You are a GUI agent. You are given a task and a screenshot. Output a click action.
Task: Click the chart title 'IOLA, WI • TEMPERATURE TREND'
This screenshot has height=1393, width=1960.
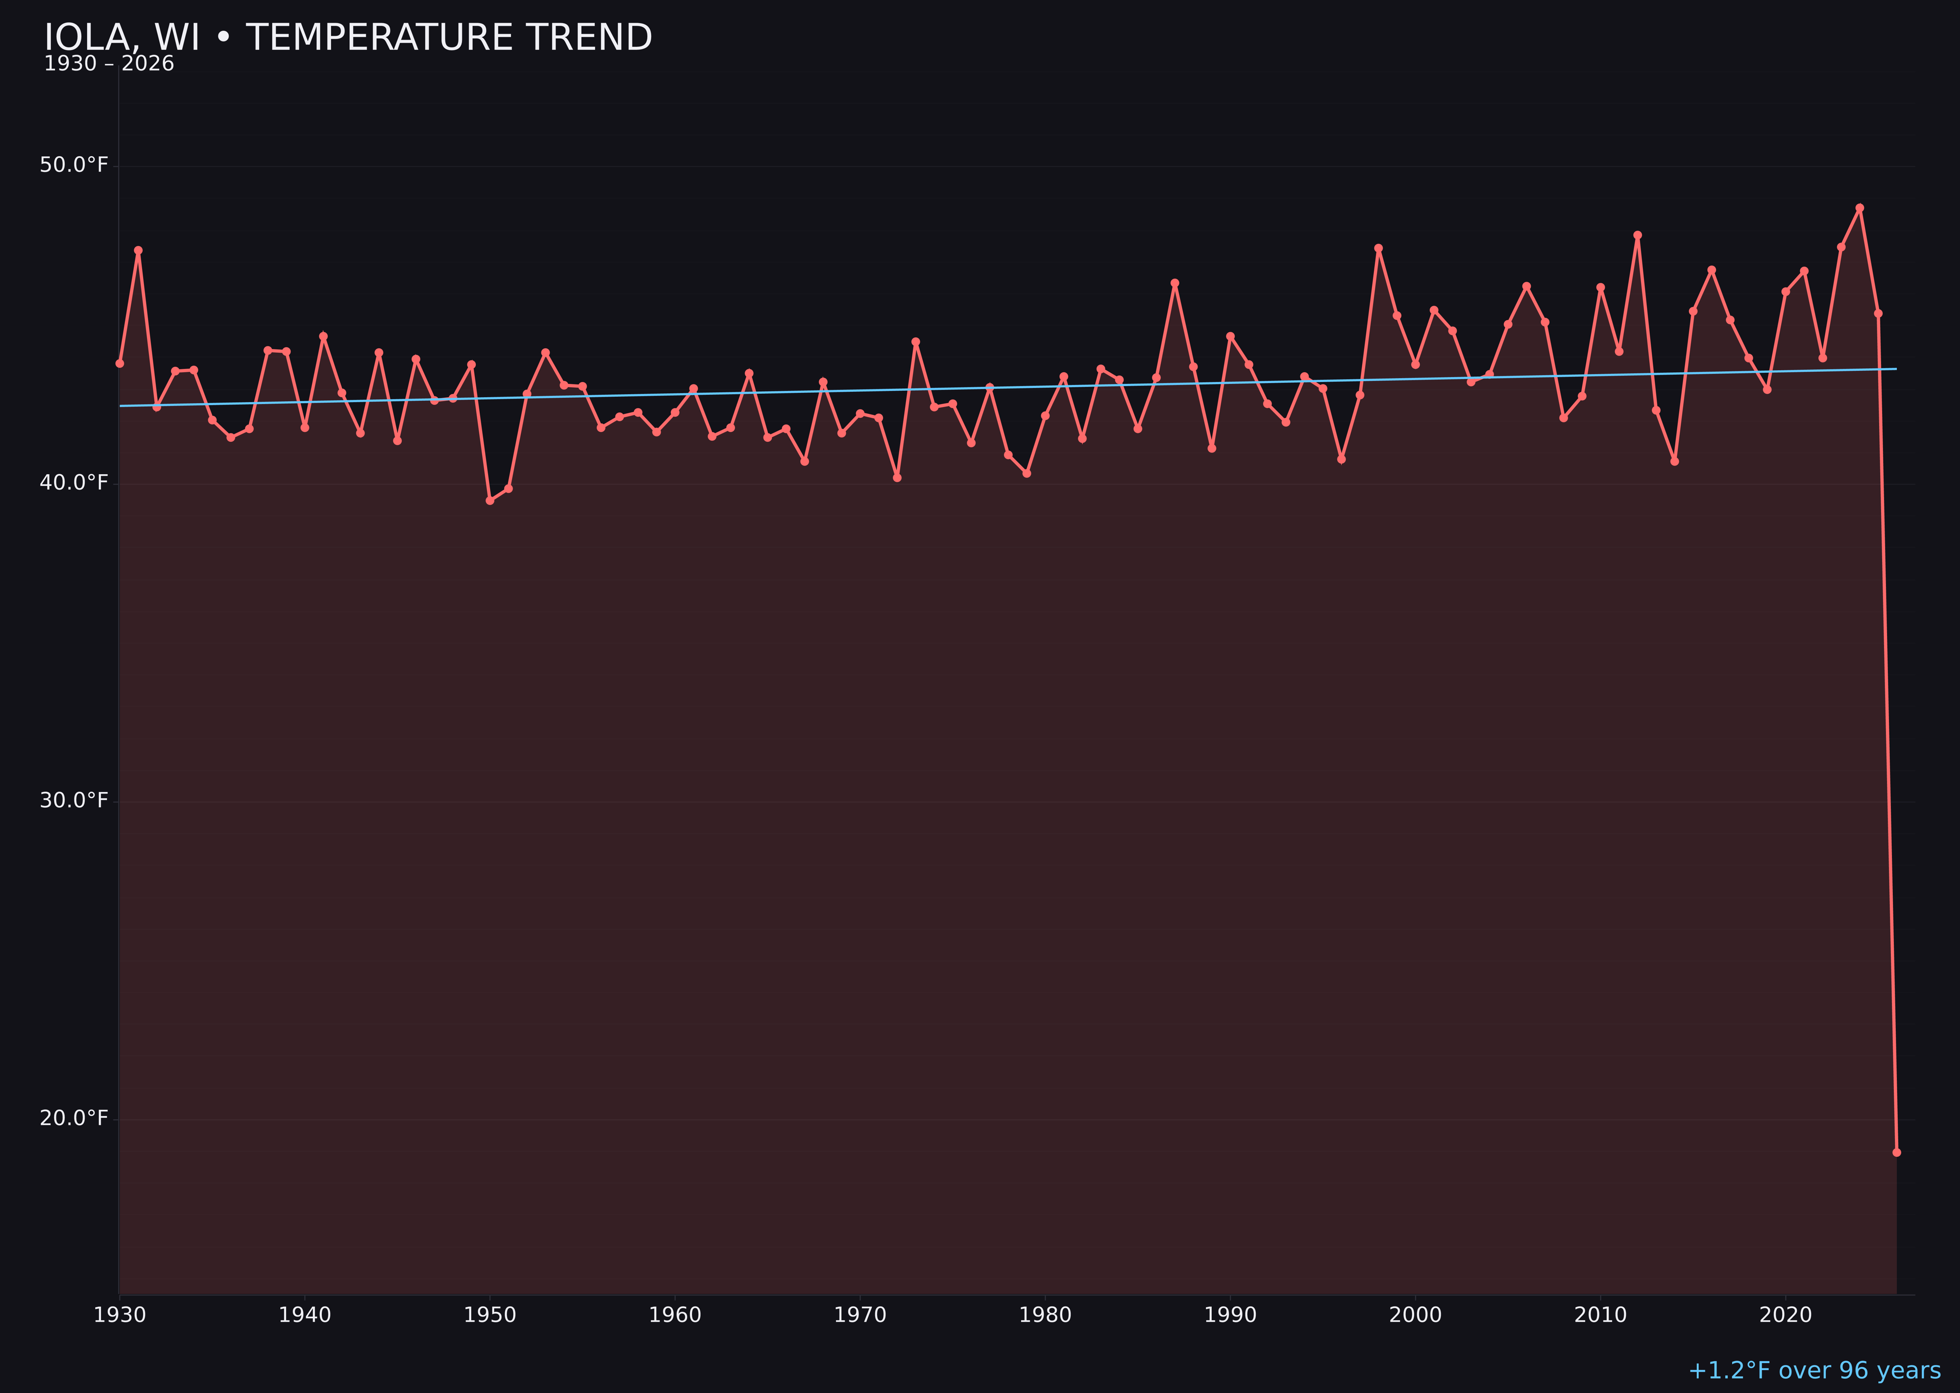347,38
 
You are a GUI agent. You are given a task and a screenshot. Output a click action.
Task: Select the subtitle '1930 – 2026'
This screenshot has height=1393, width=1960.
109,64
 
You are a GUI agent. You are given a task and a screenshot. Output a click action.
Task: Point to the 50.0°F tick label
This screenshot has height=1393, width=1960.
74,165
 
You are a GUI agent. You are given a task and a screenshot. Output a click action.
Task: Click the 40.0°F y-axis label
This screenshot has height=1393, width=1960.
74,483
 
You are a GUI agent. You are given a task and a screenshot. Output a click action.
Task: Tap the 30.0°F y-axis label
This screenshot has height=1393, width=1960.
74,800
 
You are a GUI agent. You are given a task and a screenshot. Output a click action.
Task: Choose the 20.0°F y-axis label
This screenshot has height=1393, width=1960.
74,1119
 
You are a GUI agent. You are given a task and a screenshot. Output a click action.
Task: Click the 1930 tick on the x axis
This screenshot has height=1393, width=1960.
119,1315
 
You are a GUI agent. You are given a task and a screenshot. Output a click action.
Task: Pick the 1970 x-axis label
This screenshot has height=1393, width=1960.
860,1315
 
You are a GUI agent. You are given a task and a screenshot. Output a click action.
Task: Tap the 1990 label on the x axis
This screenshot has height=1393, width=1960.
1230,1315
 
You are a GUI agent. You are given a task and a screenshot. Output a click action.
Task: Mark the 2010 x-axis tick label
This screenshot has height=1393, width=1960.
1600,1315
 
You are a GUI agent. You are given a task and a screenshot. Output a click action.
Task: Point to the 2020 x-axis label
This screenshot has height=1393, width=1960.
1786,1315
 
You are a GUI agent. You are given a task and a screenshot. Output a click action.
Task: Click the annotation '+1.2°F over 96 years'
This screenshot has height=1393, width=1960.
1814,1370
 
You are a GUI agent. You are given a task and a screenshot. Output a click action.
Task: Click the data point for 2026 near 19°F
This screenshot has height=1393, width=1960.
1896,1152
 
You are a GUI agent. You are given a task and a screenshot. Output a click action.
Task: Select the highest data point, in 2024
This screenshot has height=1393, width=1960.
1860,208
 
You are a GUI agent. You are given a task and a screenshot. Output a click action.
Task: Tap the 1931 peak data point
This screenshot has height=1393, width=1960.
138,250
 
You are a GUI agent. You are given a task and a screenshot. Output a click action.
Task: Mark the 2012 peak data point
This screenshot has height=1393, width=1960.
1638,235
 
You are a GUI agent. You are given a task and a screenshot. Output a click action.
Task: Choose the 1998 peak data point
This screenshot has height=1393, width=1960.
1378,249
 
